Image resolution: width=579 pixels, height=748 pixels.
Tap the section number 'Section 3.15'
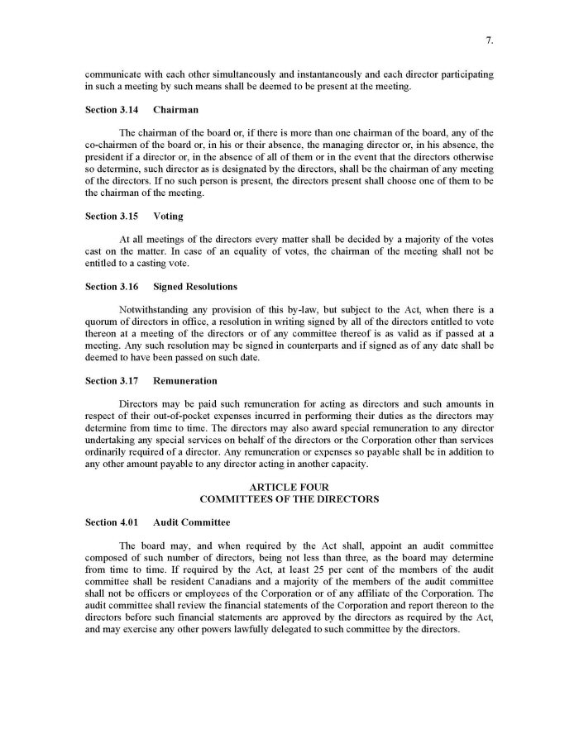click(112, 216)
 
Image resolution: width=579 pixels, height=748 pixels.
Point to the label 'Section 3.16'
click(112, 287)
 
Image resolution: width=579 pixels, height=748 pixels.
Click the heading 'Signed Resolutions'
click(195, 287)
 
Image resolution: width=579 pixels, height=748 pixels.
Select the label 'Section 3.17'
click(112, 381)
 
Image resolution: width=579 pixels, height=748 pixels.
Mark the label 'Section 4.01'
click(112, 522)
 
